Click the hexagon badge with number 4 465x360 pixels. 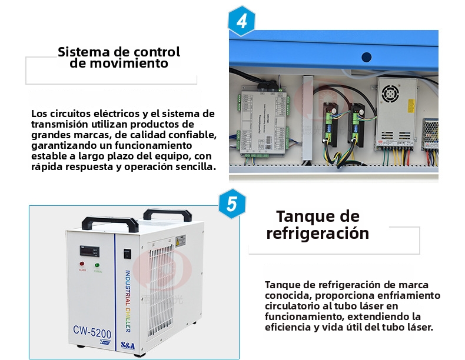tap(242, 21)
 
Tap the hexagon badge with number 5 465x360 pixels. tap(232, 204)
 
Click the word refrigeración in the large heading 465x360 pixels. tap(318, 233)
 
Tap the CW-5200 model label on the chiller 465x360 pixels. tap(92, 332)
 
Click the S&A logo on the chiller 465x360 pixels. tap(128, 345)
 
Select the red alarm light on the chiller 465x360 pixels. tap(82, 264)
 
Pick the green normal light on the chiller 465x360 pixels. tap(97, 265)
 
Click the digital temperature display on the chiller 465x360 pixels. tap(89, 251)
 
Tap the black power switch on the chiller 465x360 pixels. tap(127, 254)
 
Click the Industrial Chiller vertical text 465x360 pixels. tap(127, 301)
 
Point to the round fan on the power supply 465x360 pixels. tap(390, 94)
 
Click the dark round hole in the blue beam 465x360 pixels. tap(367, 57)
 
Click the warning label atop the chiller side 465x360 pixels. tap(181, 241)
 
